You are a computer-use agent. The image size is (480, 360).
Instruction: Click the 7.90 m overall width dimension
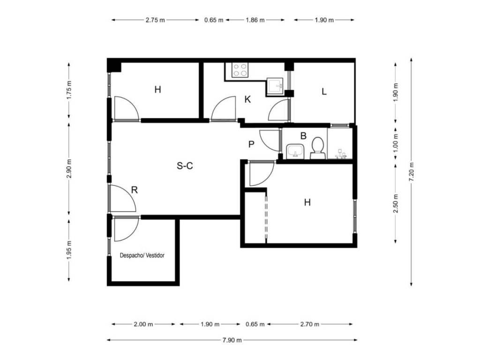[x=232, y=340]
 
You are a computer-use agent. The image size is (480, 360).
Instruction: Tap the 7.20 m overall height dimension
[x=412, y=172]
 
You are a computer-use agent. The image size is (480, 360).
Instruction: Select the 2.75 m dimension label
[x=155, y=20]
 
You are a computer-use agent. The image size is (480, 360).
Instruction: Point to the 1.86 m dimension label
[x=255, y=20]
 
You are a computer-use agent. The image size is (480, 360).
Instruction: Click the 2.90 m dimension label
[x=69, y=169]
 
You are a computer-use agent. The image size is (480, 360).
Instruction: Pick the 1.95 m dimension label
[x=69, y=250]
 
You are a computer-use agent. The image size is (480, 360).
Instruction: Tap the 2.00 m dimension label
[x=143, y=324]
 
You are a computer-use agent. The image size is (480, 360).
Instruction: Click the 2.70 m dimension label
[x=309, y=324]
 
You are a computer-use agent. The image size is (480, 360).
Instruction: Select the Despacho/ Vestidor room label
[x=142, y=255]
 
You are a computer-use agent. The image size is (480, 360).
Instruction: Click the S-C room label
[x=185, y=166]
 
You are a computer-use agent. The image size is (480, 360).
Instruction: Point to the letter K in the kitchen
[x=247, y=99]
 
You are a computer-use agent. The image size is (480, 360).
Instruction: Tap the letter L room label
[x=324, y=91]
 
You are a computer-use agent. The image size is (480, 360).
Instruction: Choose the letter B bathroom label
[x=303, y=135]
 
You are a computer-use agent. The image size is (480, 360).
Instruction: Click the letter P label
[x=251, y=144]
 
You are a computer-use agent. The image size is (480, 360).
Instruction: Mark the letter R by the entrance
[x=135, y=190]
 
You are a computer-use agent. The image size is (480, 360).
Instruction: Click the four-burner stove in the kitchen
[x=240, y=70]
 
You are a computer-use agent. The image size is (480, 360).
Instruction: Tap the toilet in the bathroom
[x=318, y=148]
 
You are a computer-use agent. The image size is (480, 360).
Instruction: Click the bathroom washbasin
[x=295, y=151]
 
